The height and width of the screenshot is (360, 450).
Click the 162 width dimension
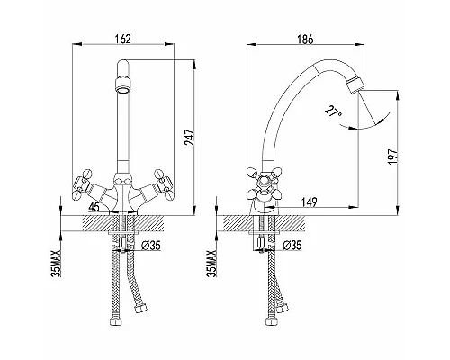tap(123, 39)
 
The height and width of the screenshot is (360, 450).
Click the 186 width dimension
tap(305, 39)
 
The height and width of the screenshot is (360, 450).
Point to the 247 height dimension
tap(190, 137)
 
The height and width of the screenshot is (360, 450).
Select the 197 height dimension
tap(392, 156)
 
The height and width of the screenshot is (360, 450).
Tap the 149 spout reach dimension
tap(309, 202)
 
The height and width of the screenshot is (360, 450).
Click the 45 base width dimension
tap(94, 207)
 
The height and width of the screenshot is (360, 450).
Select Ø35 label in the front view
tap(151, 246)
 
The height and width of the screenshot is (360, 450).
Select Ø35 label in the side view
tap(292, 246)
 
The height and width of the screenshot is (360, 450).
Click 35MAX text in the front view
tap(57, 264)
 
